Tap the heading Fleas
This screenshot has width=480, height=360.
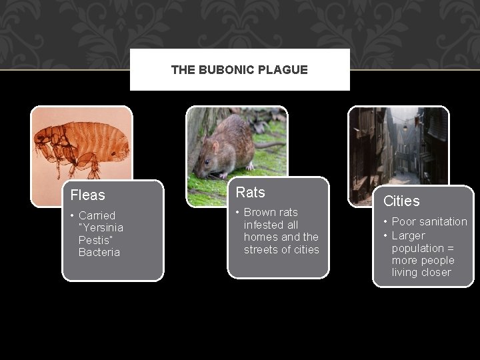tap(88, 195)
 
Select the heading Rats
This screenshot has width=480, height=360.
tap(251, 193)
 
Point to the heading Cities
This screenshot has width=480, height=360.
tap(402, 201)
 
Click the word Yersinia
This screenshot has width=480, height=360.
tap(103, 227)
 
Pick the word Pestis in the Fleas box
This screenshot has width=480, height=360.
tap(94, 239)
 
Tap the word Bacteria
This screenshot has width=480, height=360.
tap(99, 252)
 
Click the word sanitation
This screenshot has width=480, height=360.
tap(438, 221)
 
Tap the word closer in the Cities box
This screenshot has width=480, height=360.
tap(436, 272)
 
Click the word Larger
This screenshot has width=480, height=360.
tap(408, 235)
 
